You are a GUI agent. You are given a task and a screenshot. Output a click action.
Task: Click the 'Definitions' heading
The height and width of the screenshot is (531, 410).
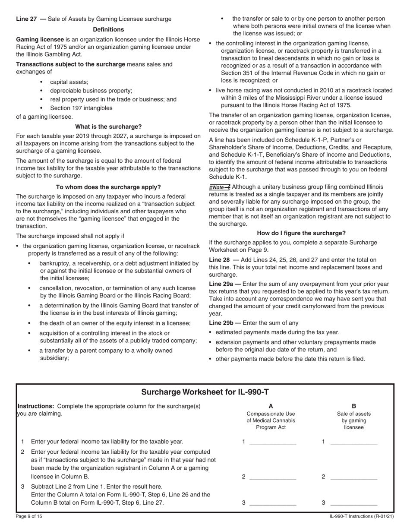coord(108,29)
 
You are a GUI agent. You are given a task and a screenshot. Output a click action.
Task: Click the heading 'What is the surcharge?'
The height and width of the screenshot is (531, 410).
coord(108,126)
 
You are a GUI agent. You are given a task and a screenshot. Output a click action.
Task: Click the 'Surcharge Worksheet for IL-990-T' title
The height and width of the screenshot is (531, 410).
coord(205,392)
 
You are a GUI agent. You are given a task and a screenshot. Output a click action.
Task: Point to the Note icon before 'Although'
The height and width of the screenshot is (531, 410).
coord(220,187)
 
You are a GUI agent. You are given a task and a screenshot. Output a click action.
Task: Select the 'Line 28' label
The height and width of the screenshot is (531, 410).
coord(219,259)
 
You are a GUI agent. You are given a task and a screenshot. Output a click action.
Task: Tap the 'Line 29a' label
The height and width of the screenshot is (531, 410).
coord(221,284)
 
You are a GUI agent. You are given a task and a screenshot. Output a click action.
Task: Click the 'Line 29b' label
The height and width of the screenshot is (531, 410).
coord(221,322)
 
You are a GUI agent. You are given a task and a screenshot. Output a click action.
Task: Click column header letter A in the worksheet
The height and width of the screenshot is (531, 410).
coord(271,406)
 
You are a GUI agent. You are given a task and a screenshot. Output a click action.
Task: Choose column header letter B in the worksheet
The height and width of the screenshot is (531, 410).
coord(354,406)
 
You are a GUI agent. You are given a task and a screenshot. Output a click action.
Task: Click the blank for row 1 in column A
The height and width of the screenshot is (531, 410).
coord(273,442)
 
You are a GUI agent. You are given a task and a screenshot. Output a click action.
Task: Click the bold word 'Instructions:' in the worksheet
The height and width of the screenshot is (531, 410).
coord(35,406)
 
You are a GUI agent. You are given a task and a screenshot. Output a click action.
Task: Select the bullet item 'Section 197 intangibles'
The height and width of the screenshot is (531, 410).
coord(81,108)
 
